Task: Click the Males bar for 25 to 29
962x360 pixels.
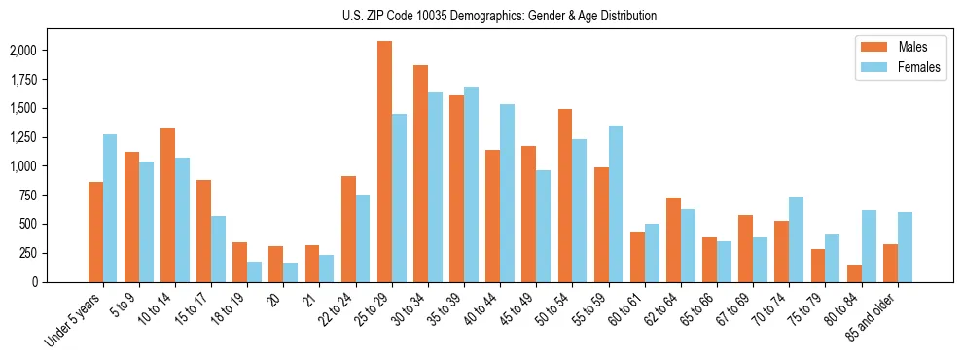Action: click(384, 162)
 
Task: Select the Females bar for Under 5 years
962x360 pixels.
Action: click(110, 208)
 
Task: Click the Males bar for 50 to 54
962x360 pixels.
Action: click(564, 196)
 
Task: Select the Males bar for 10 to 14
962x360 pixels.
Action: click(167, 205)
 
